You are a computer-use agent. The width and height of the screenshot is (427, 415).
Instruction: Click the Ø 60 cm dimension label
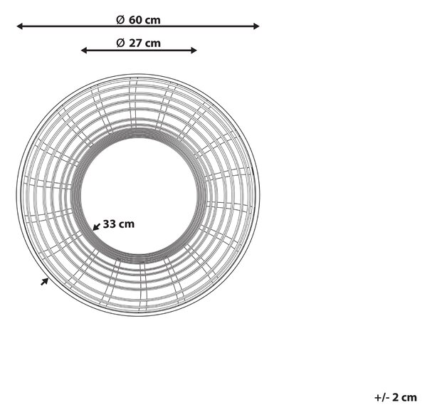pyautogui.click(x=138, y=20)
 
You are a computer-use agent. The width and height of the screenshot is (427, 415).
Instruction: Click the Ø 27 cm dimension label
pyautogui.click(x=138, y=43)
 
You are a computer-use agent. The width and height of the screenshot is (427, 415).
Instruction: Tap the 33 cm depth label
pyautogui.click(x=119, y=224)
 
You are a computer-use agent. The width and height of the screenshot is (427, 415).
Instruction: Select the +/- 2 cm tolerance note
pyautogui.click(x=396, y=398)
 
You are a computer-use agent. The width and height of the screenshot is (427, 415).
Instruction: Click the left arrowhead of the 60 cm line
pyautogui.click(x=20, y=26)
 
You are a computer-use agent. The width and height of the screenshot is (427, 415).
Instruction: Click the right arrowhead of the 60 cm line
pyautogui.click(x=256, y=26)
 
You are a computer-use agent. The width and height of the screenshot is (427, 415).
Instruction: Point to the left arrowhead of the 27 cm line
pyautogui.click(x=84, y=50)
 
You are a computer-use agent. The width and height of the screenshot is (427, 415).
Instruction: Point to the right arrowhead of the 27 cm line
pyautogui.click(x=194, y=50)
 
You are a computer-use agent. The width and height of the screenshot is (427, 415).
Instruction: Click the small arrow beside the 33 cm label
pyautogui.click(x=96, y=226)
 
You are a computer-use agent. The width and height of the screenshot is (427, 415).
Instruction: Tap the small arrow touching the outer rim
pyautogui.click(x=45, y=282)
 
